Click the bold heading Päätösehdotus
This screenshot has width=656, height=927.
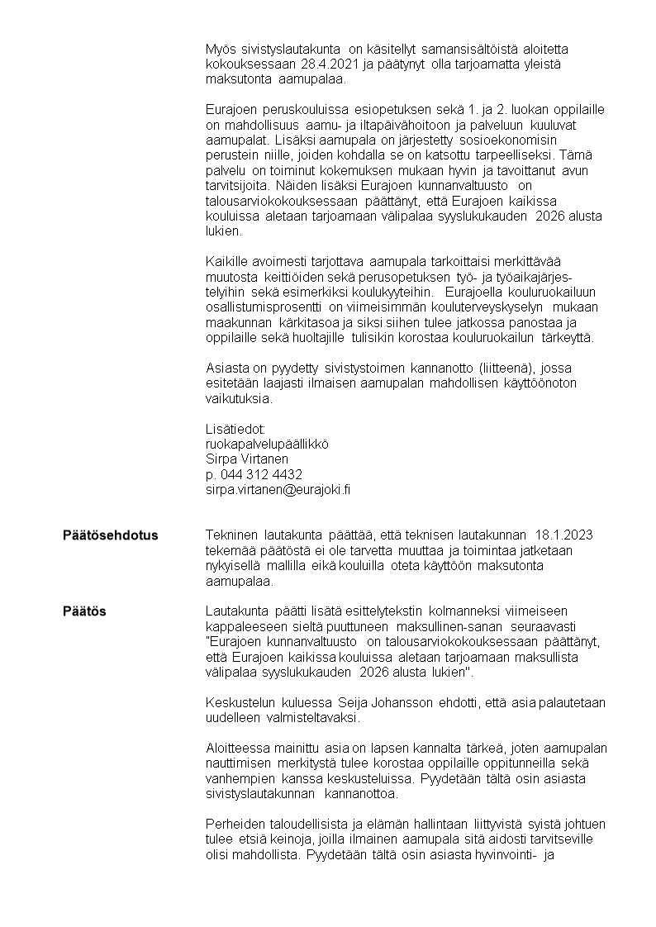110,535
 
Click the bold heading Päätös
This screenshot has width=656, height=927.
84,611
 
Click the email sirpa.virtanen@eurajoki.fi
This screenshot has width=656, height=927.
278,489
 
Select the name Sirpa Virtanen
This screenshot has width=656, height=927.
246,459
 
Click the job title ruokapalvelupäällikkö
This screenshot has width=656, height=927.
267,444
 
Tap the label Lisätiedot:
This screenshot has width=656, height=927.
235,428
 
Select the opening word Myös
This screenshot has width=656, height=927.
219,50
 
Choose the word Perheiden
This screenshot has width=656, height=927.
235,825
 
